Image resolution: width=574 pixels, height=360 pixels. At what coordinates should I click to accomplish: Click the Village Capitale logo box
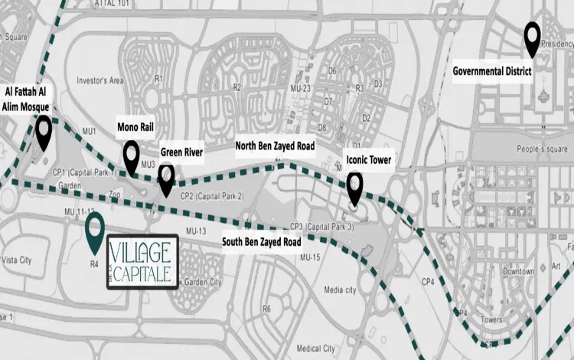[142, 262]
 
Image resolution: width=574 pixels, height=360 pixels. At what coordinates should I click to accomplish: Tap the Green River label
[181, 153]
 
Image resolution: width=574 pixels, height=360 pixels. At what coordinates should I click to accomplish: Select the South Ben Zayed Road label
[261, 242]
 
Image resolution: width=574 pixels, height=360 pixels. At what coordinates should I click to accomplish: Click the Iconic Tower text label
[368, 160]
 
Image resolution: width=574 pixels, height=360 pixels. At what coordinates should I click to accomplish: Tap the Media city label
[340, 290]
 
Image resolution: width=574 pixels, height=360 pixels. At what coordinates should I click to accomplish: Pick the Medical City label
[316, 348]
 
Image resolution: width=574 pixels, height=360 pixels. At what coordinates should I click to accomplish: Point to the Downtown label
[518, 272]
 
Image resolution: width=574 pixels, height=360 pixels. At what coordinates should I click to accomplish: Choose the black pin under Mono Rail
[132, 155]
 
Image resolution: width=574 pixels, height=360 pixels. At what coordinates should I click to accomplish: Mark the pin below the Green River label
[166, 179]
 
